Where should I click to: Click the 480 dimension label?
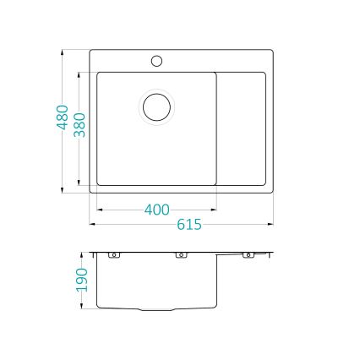click(x=62, y=117)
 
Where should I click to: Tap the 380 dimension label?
click(x=79, y=127)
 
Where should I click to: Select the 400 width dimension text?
click(x=157, y=210)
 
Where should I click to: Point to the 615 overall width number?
click(x=189, y=225)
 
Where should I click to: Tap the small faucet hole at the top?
click(x=156, y=61)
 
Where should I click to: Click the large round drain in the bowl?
click(x=156, y=106)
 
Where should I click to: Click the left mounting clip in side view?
click(x=113, y=254)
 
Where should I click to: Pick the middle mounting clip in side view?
click(x=181, y=254)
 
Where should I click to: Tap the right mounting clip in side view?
click(x=248, y=254)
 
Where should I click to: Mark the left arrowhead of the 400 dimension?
click(x=99, y=210)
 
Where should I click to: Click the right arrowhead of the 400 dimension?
click(x=215, y=210)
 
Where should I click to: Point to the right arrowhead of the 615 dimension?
click(x=272, y=225)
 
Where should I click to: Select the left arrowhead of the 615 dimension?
click(x=92, y=225)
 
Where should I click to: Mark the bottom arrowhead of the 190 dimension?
click(x=82, y=307)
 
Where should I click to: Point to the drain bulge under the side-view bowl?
click(x=156, y=309)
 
